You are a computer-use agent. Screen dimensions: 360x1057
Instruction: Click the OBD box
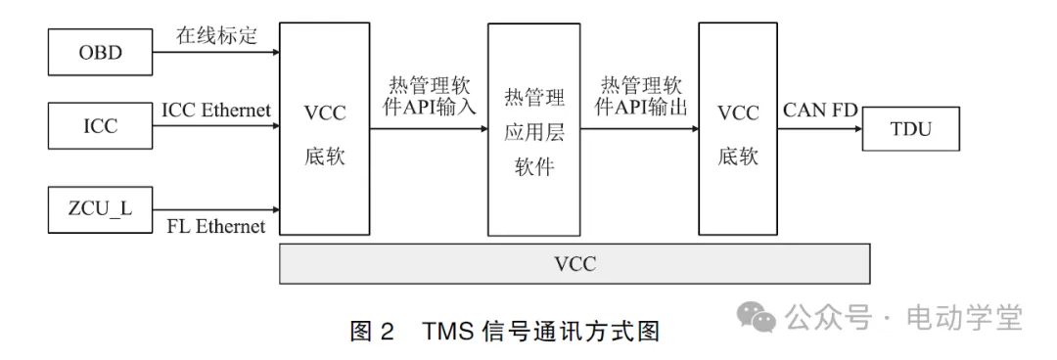(101, 52)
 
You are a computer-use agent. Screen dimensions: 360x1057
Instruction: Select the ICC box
(101, 125)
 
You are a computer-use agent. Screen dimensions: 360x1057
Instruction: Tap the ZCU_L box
(101, 208)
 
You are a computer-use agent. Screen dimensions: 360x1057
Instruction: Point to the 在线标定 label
(216, 36)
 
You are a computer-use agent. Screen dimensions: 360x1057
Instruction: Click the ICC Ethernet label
(216, 110)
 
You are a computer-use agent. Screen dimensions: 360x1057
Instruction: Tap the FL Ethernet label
(216, 227)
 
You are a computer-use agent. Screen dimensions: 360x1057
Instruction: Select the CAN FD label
(820, 110)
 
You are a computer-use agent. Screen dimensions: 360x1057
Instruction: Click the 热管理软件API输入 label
(427, 95)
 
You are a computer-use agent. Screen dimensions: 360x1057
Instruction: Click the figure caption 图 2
(372, 331)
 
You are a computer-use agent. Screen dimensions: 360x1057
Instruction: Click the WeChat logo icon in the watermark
(757, 315)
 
